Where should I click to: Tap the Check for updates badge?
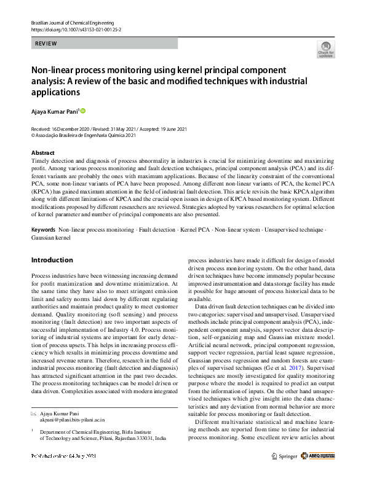[325, 49]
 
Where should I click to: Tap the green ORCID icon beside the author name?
[83, 111]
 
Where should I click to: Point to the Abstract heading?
[42, 152]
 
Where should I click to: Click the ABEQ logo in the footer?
[320, 457]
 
